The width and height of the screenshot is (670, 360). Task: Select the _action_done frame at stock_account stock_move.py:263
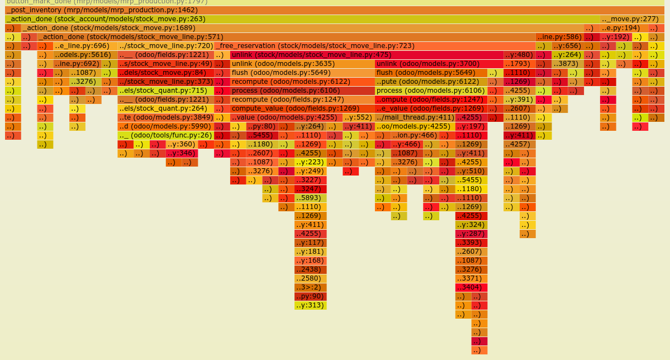[302, 19]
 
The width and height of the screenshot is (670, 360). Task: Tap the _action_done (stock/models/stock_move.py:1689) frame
[302, 28]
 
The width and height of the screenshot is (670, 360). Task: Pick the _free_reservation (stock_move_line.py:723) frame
[374, 46]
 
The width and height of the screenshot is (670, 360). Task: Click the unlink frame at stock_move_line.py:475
[367, 55]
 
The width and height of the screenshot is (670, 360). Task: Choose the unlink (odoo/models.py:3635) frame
[302, 64]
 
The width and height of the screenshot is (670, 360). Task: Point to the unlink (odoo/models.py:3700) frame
[439, 64]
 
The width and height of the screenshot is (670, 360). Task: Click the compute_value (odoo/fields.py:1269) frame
[302, 108]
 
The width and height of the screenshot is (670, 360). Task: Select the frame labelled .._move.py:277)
[632, 19]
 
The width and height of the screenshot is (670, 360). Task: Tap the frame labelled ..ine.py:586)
[559, 37]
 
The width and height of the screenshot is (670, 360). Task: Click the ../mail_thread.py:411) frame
[415, 117]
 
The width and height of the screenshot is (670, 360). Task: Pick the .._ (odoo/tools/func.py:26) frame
[165, 135]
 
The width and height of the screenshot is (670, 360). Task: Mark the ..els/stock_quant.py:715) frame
[165, 91]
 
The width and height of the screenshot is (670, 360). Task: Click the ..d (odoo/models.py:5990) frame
[165, 126]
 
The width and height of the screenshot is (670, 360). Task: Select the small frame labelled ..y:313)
[310, 305]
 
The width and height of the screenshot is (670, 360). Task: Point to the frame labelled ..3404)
[471, 287]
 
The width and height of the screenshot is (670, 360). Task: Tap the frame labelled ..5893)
[310, 198]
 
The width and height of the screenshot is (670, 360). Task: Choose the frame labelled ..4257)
[519, 144]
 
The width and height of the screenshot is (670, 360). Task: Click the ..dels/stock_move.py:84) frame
[165, 73]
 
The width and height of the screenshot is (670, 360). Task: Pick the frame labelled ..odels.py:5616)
[85, 55]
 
